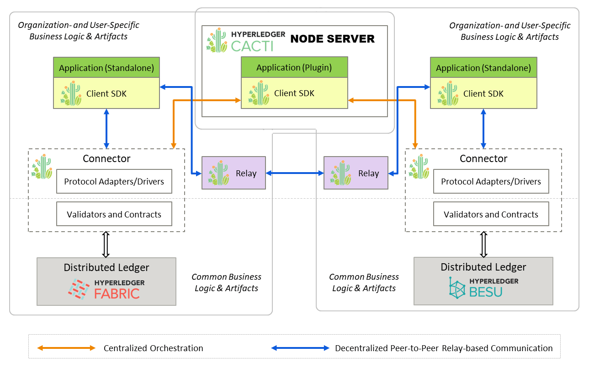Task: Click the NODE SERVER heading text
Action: coord(332,39)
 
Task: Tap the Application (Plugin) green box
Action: coord(294,67)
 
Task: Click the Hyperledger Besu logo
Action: coord(483,287)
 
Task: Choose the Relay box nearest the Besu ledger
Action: coord(356,173)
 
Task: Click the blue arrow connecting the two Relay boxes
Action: coord(295,173)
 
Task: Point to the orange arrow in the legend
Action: coord(67,348)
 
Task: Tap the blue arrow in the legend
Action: coord(300,348)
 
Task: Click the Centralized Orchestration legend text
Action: coord(153,348)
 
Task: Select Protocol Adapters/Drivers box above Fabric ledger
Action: coord(114,181)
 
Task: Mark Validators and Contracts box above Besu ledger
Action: coord(491,214)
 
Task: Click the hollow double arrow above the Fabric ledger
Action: coord(106,244)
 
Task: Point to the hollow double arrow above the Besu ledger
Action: coord(483,244)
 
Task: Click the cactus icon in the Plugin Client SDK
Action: coord(259,93)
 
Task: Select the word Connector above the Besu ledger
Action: coord(483,159)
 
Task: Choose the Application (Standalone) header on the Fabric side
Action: coord(106,68)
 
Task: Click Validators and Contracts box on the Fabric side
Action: coord(114,214)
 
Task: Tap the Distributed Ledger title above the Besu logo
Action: coord(483,267)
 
